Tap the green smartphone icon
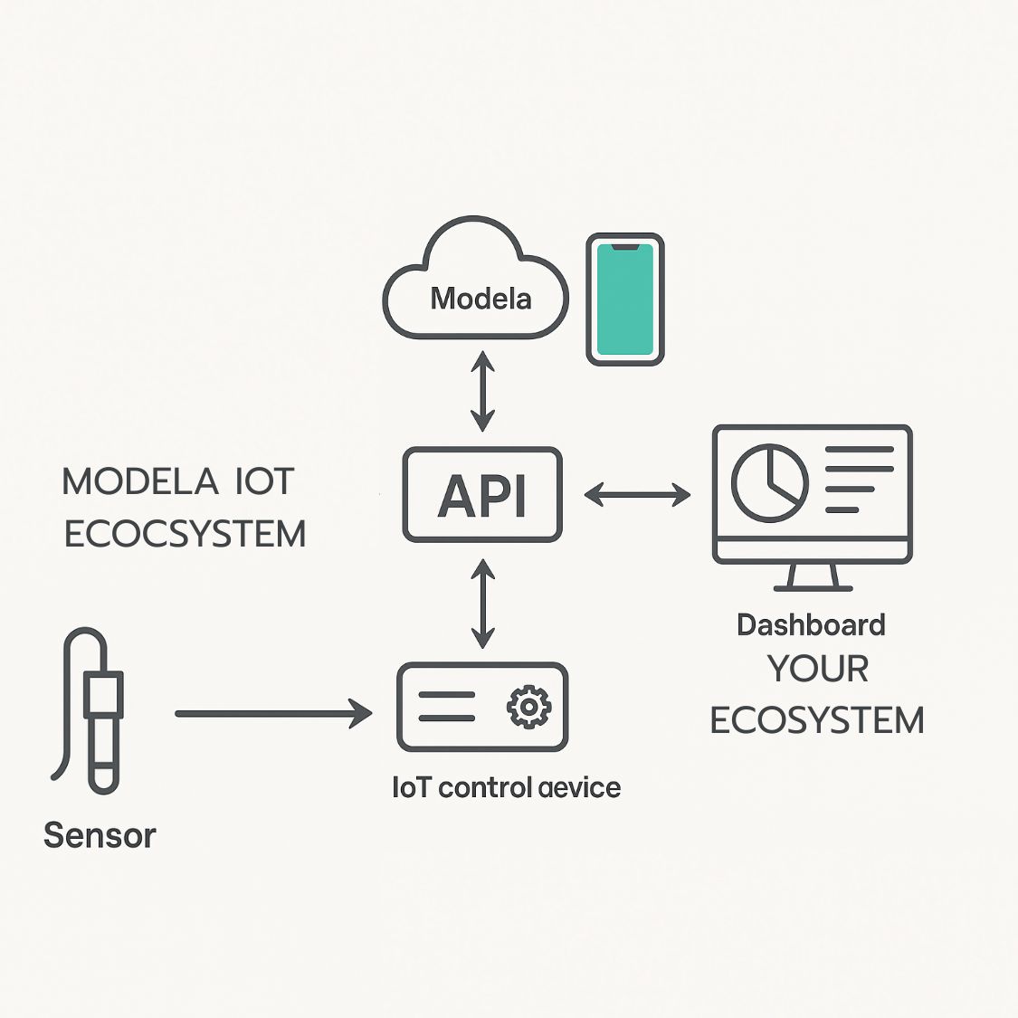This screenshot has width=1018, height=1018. click(625, 300)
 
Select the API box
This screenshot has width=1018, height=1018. click(482, 495)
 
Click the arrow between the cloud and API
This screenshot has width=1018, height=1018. click(482, 392)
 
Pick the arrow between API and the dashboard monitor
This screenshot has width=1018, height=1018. click(637, 494)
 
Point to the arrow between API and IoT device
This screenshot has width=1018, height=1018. click(482, 604)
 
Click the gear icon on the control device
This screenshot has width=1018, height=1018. click(528, 707)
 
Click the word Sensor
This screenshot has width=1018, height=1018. click(100, 835)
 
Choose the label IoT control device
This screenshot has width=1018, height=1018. click(507, 787)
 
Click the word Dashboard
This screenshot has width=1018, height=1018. click(811, 625)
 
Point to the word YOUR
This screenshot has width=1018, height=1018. click(818, 670)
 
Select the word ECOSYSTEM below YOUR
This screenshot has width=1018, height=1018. click(817, 721)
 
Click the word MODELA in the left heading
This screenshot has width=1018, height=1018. click(140, 481)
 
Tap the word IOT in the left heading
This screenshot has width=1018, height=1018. click(265, 481)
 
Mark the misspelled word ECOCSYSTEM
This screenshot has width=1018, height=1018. click(186, 534)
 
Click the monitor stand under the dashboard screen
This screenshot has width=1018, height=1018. click(813, 577)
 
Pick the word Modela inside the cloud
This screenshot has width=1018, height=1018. click(480, 298)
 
